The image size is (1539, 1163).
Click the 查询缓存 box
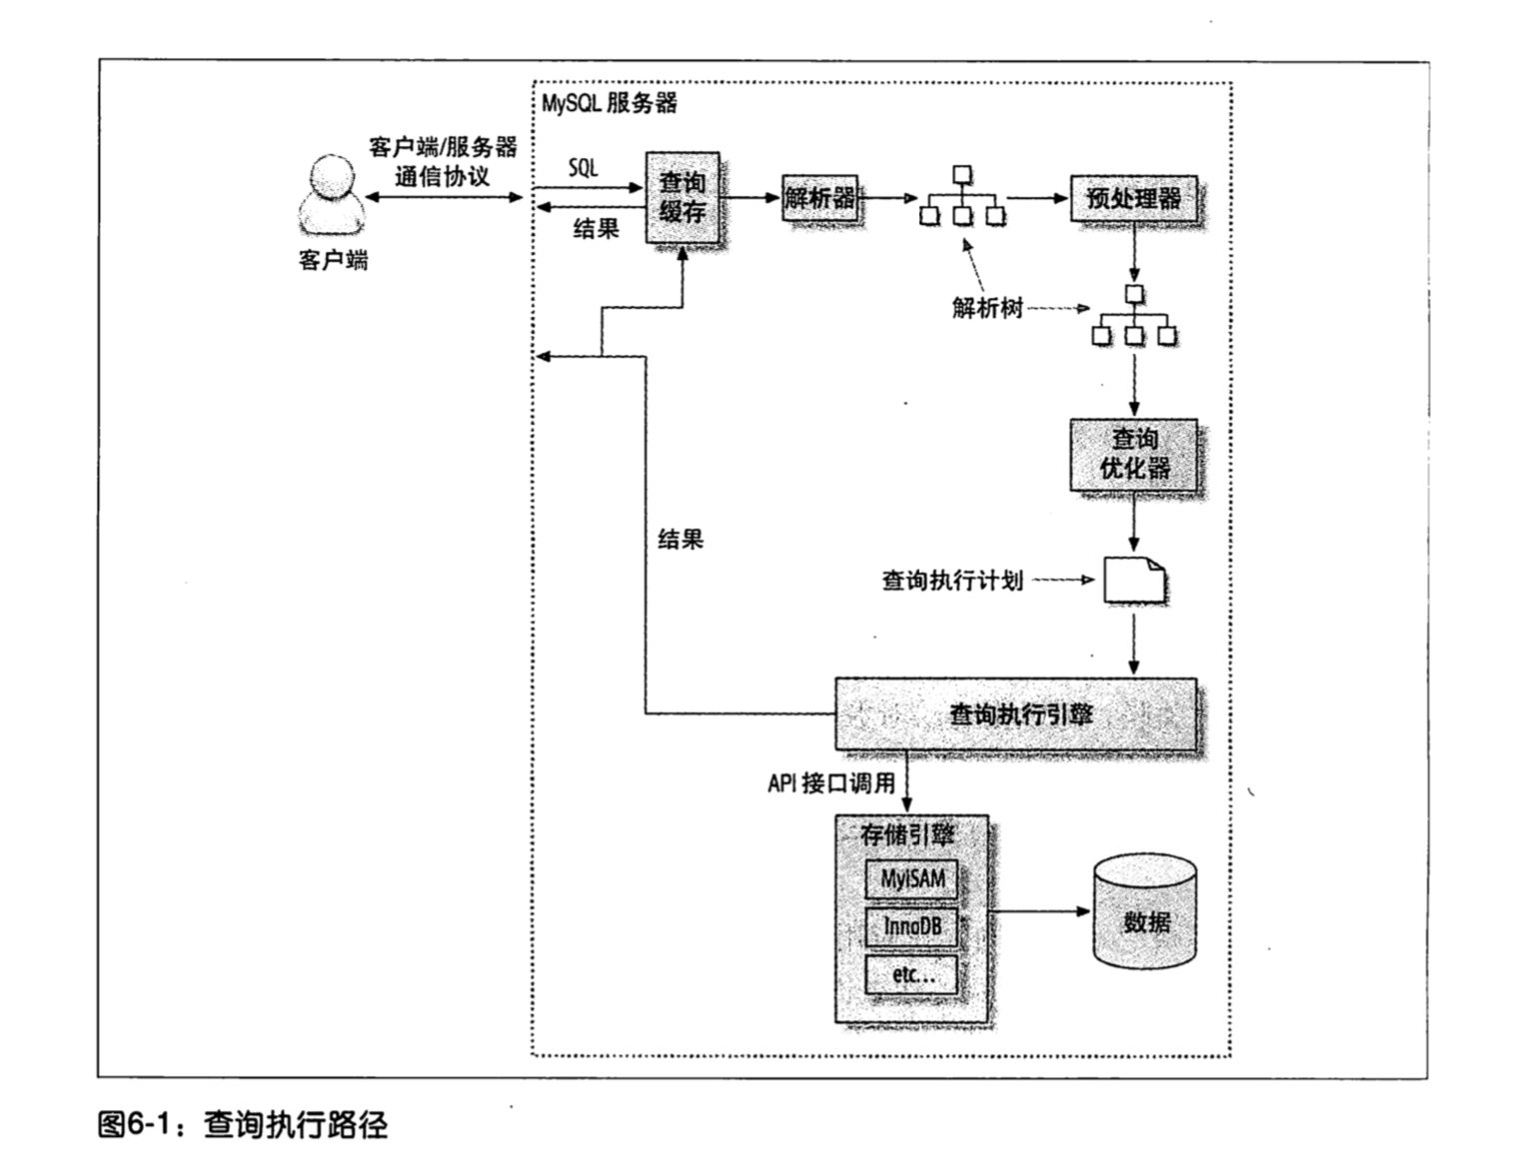tap(683, 197)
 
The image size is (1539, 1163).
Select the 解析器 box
tap(819, 198)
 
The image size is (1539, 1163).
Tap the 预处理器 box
tap(1133, 198)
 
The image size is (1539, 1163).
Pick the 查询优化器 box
tap(1133, 455)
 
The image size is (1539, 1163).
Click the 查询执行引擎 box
tap(1016, 713)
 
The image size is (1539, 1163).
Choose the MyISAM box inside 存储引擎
tap(911, 879)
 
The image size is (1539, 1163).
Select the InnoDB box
tap(911, 927)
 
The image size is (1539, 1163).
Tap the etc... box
tap(911, 974)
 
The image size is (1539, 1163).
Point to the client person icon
tap(331, 195)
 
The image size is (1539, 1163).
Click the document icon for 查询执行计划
tap(1134, 580)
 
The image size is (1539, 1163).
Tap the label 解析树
tap(987, 308)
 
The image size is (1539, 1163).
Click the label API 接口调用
tap(831, 784)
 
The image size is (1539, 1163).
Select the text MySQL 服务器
tap(610, 103)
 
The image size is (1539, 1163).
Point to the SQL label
tap(584, 168)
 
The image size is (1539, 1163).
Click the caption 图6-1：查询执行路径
tap(243, 1125)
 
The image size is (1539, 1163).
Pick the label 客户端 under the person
tap(333, 261)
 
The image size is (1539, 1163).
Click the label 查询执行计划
tap(952, 581)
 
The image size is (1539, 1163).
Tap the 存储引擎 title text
tap(907, 834)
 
